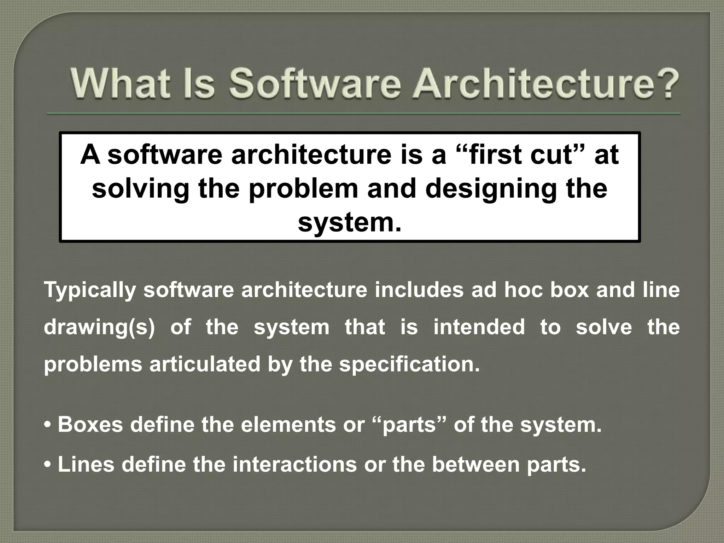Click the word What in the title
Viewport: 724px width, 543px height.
118,84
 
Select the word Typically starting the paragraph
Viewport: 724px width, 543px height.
90,290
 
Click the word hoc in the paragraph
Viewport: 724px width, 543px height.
523,290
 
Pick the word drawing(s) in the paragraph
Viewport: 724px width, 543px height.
99,327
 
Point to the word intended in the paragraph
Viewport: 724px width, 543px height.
479,327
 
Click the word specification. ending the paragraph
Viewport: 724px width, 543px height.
409,364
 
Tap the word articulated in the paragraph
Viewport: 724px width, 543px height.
205,364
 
